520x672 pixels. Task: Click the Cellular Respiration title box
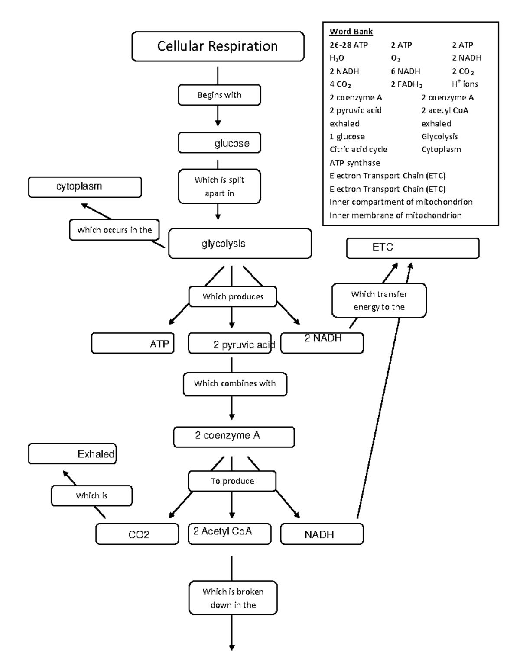coord(218,46)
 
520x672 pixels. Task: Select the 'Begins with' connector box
coord(219,95)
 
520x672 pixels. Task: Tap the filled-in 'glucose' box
coord(219,143)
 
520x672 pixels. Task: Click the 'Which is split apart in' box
coord(219,186)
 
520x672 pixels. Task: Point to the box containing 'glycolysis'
coord(240,244)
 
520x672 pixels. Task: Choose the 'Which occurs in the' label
coord(114,230)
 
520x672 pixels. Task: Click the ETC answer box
coord(413,248)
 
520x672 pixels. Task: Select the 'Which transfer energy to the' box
coord(379,300)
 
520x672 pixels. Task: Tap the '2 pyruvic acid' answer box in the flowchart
coord(230,344)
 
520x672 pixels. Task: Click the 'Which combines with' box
coord(235,383)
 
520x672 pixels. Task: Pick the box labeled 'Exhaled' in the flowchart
coord(72,454)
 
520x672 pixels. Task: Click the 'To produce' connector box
coord(232,481)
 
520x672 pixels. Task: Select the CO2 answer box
coord(137,534)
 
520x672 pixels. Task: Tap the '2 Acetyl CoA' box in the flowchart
coord(229,533)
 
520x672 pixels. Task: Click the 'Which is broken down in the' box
coord(233,598)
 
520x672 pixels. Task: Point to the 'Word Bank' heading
coord(351,32)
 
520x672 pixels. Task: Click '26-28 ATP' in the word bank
coord(349,45)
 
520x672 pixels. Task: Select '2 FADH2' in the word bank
coord(406,84)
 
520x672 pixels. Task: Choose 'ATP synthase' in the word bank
coord(354,163)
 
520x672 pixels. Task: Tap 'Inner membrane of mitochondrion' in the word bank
coord(395,215)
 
